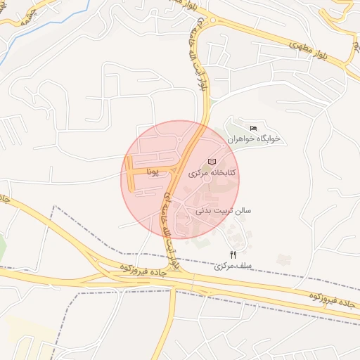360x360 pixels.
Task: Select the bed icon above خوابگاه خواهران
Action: pyautogui.click(x=253, y=127)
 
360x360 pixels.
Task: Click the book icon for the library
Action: pyautogui.click(x=212, y=162)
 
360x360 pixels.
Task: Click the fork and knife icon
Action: pyautogui.click(x=233, y=255)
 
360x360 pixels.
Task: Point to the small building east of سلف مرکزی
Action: pyautogui.click(x=284, y=259)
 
